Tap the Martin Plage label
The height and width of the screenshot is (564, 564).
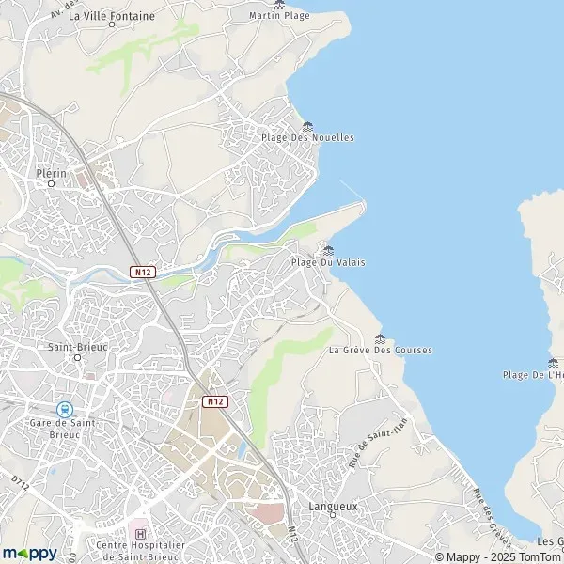[279, 16]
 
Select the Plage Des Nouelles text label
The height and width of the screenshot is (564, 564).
[307, 137]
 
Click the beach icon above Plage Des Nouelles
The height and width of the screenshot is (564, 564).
[307, 126]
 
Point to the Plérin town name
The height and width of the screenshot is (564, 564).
[51, 174]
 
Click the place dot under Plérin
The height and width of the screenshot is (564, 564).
[51, 184]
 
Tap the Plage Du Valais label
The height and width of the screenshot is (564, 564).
[328, 262]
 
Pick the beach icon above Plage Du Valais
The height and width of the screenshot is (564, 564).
[328, 250]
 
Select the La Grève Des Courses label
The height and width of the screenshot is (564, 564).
[381, 351]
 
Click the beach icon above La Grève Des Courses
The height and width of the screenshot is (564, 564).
[380, 338]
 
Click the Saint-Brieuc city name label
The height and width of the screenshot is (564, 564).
[77, 346]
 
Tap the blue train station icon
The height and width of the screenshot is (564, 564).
[64, 409]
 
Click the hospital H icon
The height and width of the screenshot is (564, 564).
[141, 535]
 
